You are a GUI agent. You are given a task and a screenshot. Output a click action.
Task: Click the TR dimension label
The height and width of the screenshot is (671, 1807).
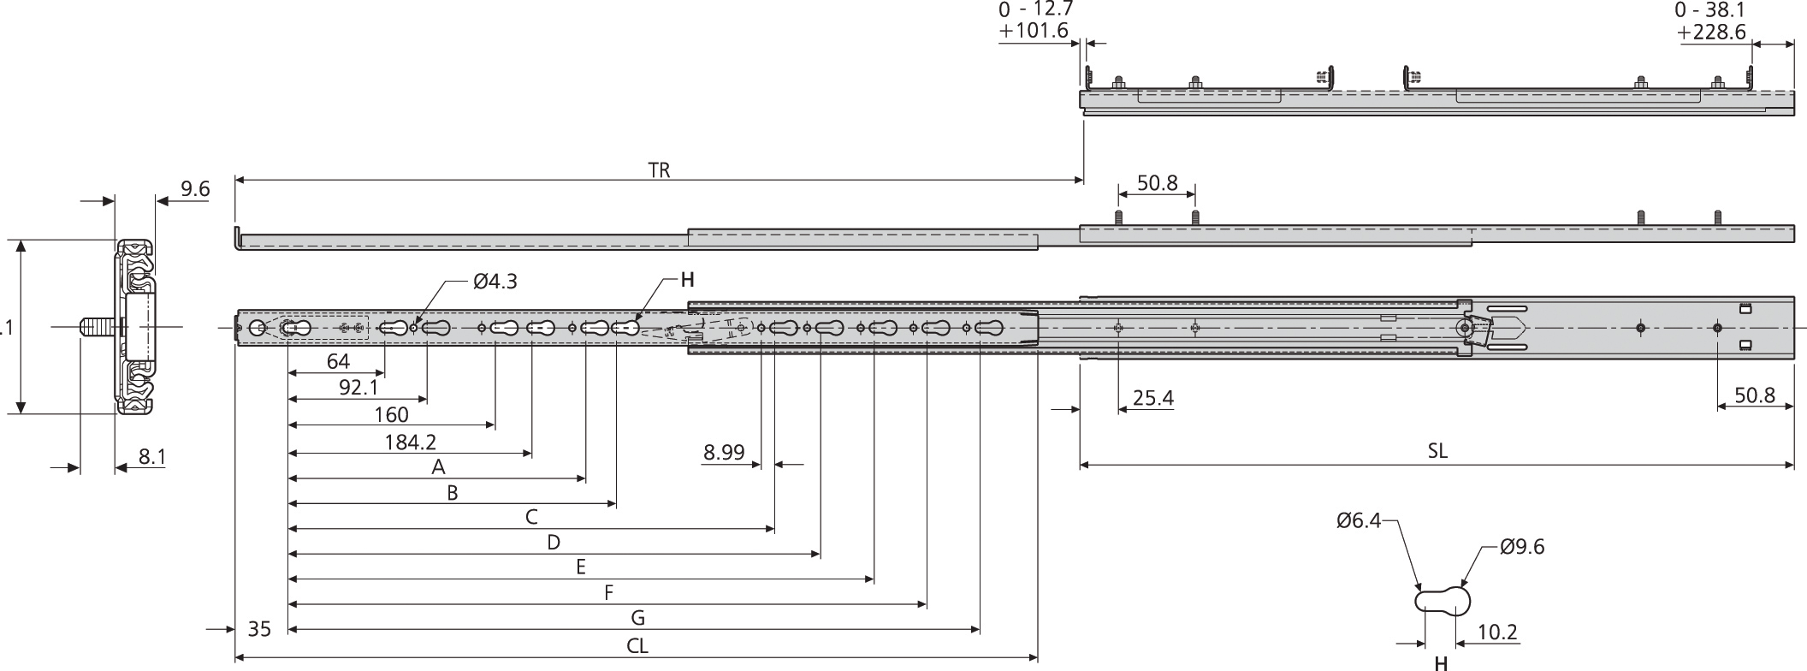(659, 169)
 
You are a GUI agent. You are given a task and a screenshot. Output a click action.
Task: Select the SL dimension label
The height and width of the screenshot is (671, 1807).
(1437, 451)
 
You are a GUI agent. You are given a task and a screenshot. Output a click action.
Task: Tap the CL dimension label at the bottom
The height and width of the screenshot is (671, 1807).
(637, 646)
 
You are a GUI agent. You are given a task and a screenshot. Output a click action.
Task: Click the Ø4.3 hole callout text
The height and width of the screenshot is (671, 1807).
(495, 281)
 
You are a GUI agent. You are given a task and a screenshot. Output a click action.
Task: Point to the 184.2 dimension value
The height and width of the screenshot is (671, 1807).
(411, 442)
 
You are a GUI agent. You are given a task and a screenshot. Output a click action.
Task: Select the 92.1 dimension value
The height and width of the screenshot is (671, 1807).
(358, 388)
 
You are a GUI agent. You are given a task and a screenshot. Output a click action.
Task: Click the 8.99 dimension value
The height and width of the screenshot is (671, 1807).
(724, 452)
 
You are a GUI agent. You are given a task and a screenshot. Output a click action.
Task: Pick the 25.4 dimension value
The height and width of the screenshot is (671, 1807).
(1152, 398)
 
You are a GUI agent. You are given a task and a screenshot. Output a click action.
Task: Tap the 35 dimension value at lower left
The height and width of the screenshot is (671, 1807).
(259, 630)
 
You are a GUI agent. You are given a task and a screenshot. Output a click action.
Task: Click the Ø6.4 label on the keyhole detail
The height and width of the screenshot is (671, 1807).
(1359, 520)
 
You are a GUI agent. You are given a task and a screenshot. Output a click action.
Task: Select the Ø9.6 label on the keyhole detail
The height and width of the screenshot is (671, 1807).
(1521, 548)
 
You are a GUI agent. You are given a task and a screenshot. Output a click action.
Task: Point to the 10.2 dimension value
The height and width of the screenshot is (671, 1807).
(1497, 632)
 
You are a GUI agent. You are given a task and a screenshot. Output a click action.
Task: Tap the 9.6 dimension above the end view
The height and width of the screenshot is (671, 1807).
(195, 188)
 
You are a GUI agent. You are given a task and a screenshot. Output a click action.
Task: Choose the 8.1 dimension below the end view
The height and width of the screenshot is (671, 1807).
(152, 458)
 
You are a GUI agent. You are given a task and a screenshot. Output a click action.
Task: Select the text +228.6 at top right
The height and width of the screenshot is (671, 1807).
(1711, 32)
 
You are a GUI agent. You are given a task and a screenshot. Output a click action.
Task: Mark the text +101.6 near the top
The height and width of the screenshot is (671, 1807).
(1034, 31)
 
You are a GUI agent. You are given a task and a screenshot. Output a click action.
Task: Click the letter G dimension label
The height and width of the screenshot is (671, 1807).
(637, 618)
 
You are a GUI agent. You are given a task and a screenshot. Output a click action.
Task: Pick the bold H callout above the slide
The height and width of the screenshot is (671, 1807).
(687, 279)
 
